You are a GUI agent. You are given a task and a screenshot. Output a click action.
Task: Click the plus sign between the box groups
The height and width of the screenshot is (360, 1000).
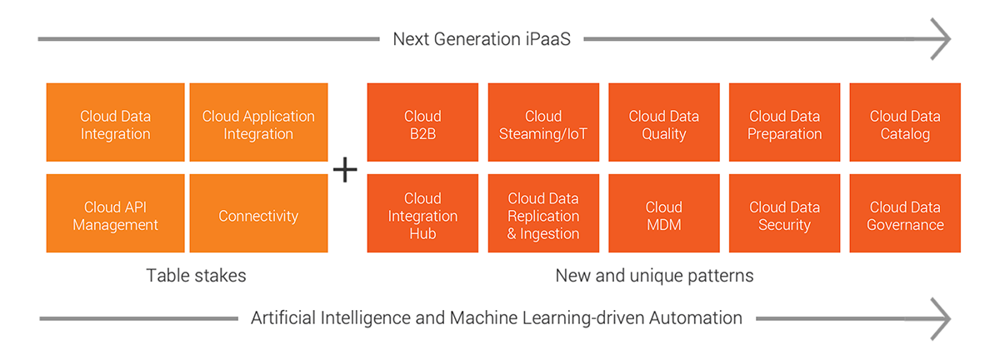coord(345,170)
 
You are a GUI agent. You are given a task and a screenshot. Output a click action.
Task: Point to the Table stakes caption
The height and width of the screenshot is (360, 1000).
coord(196,276)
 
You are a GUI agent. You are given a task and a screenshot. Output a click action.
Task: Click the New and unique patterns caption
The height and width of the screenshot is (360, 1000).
coord(654,276)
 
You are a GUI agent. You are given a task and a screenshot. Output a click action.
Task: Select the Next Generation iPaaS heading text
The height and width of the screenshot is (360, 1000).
coord(482,39)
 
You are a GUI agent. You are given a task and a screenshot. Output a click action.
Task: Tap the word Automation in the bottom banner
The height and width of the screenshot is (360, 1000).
coord(688,318)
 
